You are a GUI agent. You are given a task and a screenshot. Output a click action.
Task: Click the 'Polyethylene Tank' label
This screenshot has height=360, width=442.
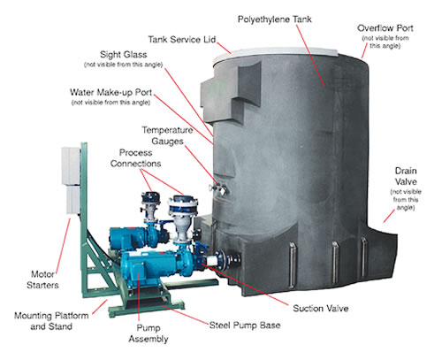point(274,19)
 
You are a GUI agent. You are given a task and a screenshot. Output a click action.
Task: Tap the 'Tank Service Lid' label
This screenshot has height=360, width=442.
point(182,40)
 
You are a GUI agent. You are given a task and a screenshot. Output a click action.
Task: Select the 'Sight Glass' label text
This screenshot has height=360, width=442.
point(124,55)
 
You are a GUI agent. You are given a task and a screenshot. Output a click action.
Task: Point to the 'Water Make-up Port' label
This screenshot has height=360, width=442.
point(110,92)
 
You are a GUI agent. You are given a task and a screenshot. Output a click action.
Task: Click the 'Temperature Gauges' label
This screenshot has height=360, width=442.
point(167,135)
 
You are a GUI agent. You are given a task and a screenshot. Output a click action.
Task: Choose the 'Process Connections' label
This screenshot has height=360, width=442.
point(135,158)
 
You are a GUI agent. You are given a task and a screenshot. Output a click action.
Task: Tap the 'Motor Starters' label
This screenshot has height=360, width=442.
point(42,280)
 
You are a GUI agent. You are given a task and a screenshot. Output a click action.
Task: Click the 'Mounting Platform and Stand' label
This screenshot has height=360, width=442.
point(51,321)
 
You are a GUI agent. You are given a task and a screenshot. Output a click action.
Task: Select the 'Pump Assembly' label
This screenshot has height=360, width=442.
point(149,333)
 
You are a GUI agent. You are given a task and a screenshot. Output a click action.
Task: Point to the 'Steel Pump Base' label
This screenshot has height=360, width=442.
point(245,326)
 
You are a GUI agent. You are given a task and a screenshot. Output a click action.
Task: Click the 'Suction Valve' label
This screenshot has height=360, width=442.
point(321,309)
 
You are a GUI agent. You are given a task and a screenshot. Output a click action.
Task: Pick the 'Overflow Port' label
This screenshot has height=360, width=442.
point(385,28)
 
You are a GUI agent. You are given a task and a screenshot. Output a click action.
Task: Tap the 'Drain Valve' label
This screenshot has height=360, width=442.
point(406,176)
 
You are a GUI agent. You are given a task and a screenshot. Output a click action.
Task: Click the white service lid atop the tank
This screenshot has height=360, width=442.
point(276,53)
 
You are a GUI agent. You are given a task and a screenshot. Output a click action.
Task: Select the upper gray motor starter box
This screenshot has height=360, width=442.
point(71,166)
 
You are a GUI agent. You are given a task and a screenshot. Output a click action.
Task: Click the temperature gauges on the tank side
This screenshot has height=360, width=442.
point(218,188)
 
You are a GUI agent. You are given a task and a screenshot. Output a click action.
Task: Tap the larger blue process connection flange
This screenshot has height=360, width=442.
point(183,205)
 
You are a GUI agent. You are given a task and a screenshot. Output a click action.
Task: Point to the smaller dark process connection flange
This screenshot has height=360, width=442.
point(150,198)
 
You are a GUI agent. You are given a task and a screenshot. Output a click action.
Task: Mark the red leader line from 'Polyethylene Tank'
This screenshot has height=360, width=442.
point(310,56)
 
